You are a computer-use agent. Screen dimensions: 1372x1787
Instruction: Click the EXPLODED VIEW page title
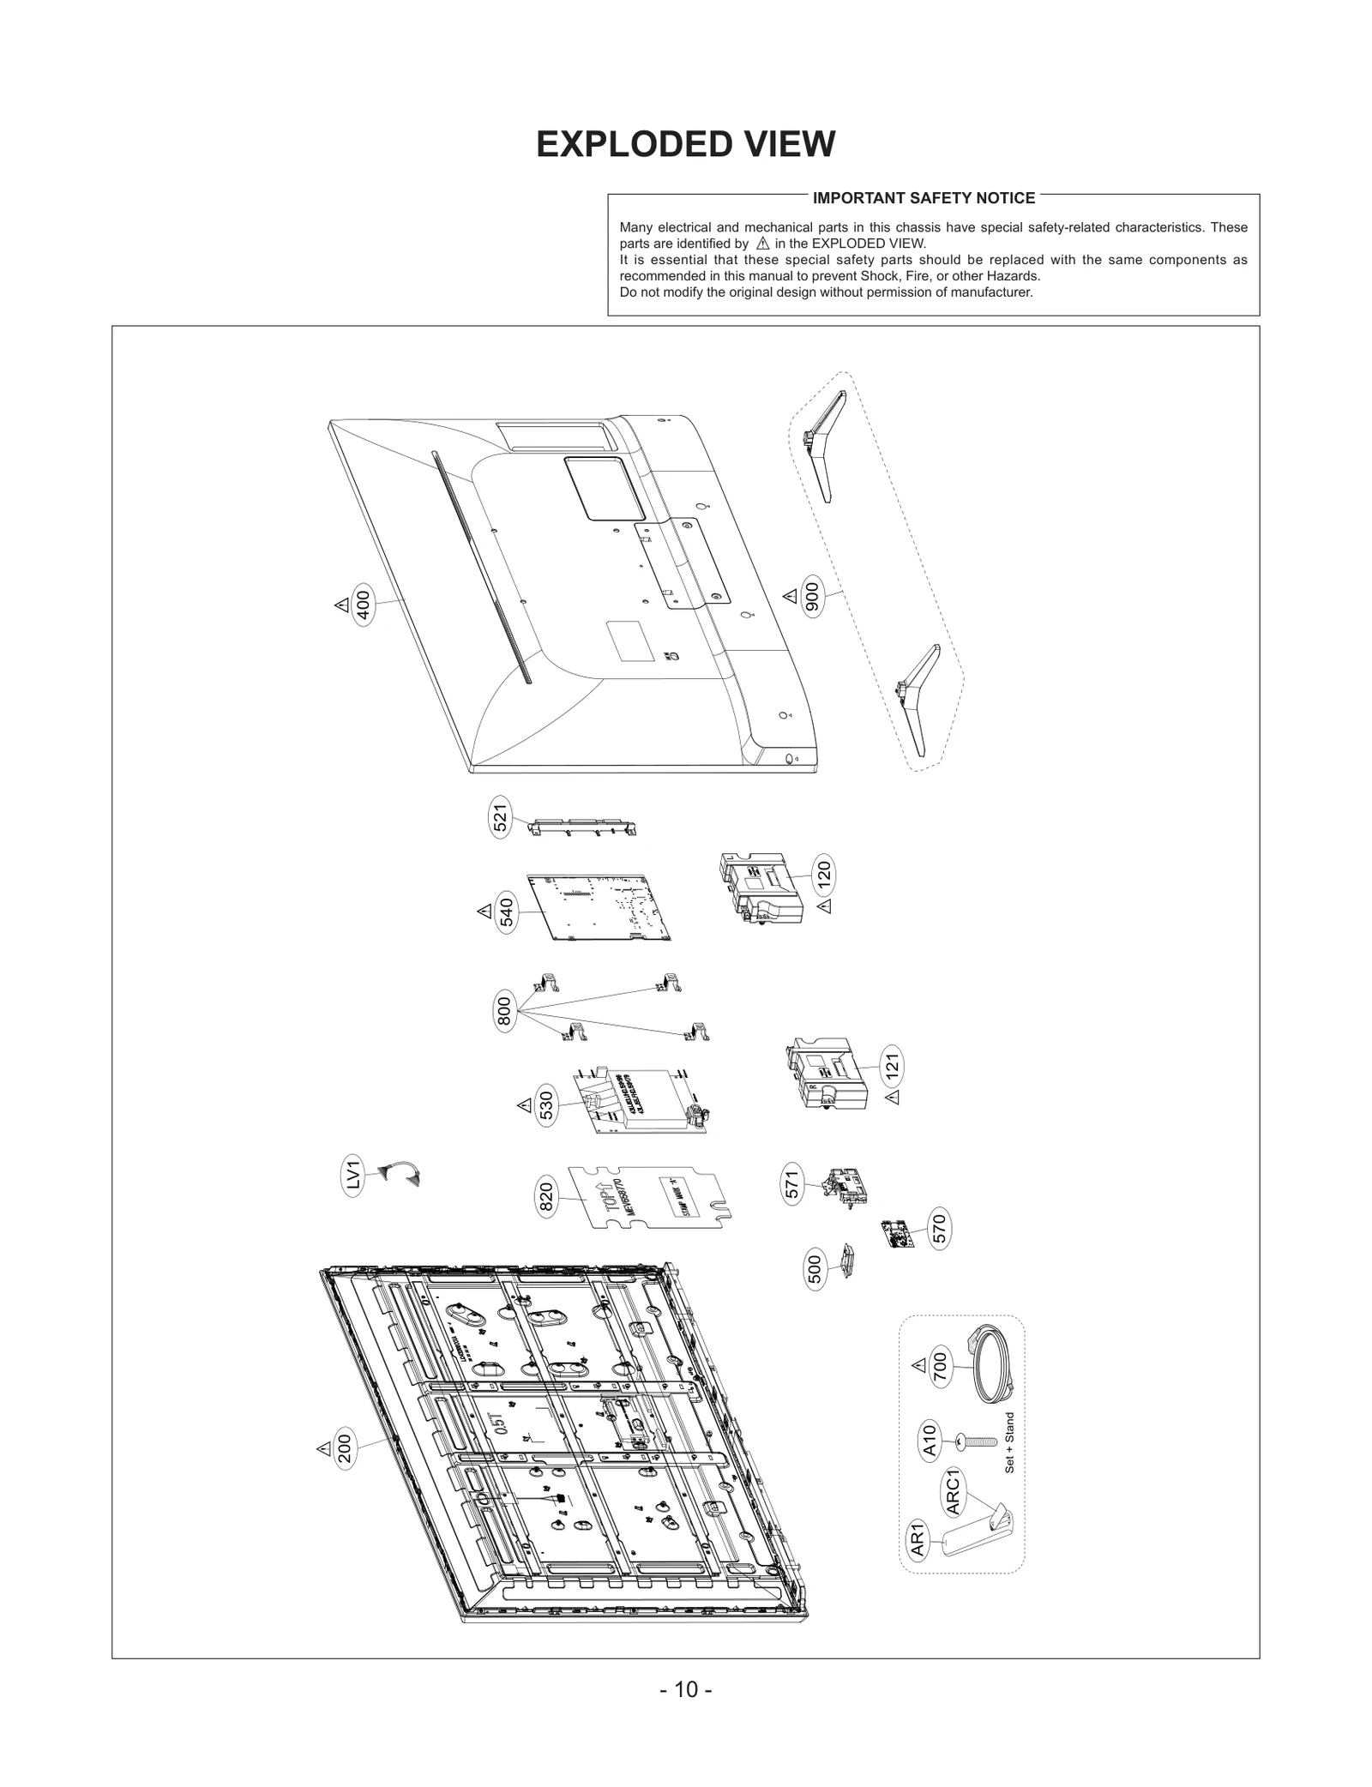click(x=685, y=145)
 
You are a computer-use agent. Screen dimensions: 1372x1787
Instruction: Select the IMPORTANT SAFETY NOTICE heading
click(x=924, y=198)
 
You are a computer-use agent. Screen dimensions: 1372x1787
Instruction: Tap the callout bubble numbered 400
click(x=364, y=605)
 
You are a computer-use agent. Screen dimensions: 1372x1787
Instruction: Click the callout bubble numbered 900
click(x=812, y=597)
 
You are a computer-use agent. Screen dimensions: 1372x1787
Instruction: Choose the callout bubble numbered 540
click(x=506, y=912)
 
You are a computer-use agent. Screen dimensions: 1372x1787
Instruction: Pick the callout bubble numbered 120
click(x=823, y=874)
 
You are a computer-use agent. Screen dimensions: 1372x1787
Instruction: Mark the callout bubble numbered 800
click(x=504, y=1011)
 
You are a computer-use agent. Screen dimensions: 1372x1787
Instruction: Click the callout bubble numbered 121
click(x=893, y=1067)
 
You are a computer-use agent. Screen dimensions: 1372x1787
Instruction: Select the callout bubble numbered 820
click(x=546, y=1197)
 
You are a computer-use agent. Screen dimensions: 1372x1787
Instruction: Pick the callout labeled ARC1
click(x=954, y=1490)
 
